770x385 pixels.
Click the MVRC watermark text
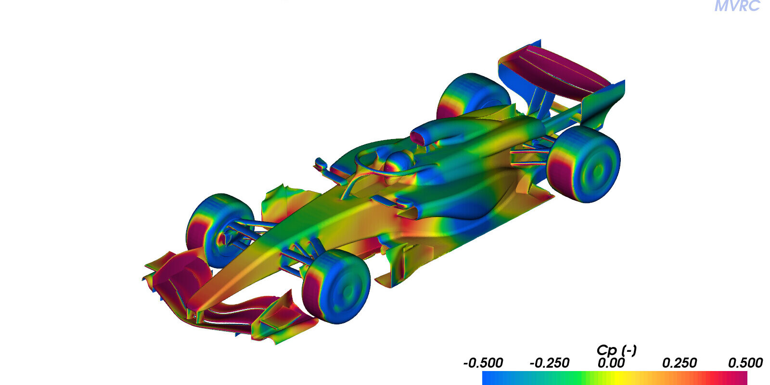(x=737, y=6)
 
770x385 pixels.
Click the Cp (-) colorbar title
(x=616, y=350)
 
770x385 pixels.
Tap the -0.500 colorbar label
(x=483, y=363)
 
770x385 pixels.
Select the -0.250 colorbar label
(x=549, y=363)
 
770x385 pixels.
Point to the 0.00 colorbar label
(x=611, y=363)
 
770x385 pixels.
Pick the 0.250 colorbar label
(x=679, y=363)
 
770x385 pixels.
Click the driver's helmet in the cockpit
(x=399, y=162)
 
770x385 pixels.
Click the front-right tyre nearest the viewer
(x=336, y=286)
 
